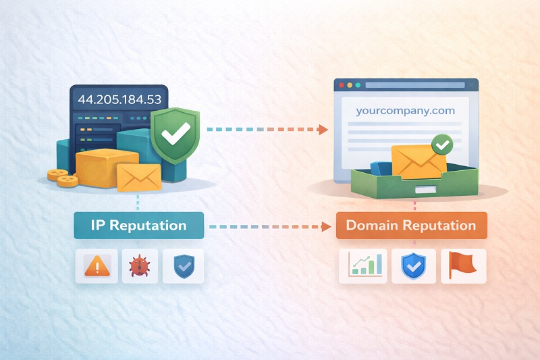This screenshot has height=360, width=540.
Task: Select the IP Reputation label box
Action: point(138,226)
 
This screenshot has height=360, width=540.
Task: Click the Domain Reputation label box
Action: point(411,226)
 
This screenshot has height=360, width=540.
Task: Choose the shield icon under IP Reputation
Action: point(182,266)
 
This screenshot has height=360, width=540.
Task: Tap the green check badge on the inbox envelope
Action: point(443,144)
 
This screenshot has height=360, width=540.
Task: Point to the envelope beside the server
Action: point(139,176)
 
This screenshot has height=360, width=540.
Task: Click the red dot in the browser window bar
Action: point(342,86)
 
